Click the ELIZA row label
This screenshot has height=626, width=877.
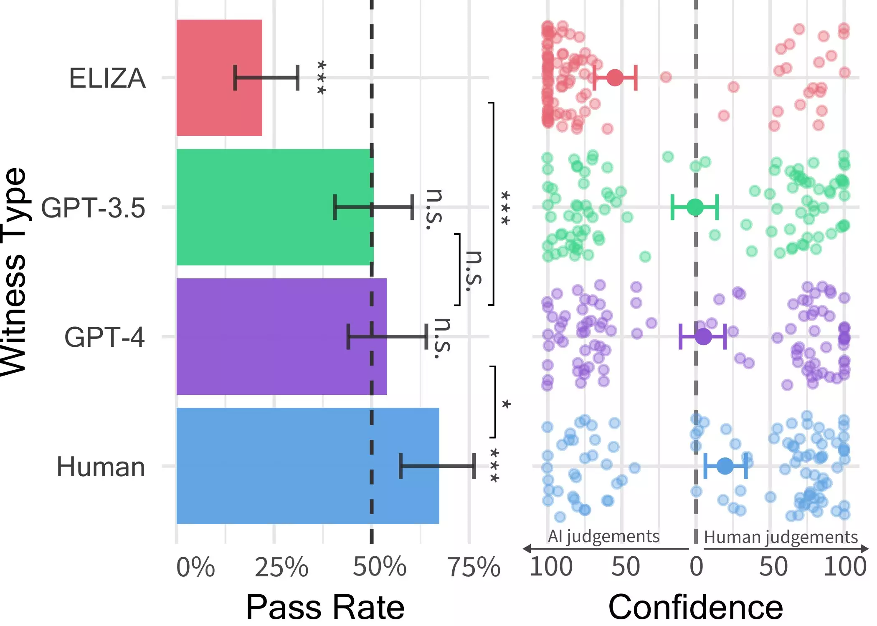click(107, 78)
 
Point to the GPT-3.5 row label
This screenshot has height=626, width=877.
click(93, 208)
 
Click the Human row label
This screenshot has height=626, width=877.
click(101, 467)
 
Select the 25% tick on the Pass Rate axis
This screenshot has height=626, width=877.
click(281, 567)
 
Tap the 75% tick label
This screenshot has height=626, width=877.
click(474, 567)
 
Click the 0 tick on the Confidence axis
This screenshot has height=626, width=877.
click(696, 567)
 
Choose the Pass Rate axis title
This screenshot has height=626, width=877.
click(325, 607)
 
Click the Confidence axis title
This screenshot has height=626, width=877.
click(696, 607)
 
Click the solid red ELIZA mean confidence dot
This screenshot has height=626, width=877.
click(615, 78)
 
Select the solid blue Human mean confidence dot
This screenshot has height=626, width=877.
click(725, 466)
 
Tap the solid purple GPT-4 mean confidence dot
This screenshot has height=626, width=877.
click(703, 336)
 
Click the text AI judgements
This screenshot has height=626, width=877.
click(603, 536)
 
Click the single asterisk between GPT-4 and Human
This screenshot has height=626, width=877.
click(506, 404)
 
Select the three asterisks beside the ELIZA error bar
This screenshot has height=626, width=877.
click(321, 78)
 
